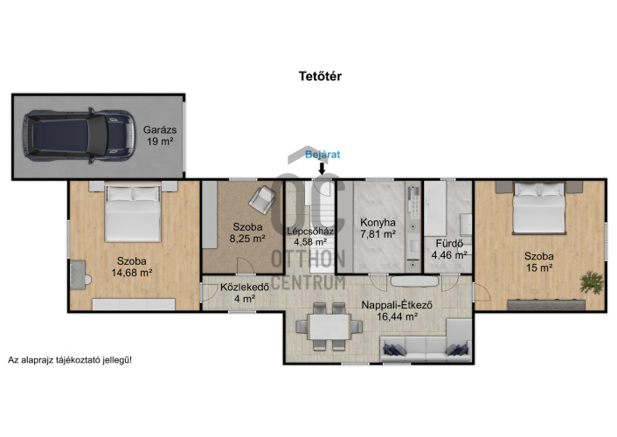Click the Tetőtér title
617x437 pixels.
point(321,76)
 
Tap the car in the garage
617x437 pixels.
point(79,135)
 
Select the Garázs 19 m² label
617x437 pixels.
point(160,135)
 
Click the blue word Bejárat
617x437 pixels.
point(322,155)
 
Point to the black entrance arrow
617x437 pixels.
point(322,168)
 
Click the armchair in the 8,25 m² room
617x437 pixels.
point(262,199)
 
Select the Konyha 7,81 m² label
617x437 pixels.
point(378,228)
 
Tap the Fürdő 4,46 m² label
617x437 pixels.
point(449,249)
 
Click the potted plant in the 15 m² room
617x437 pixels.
point(592,282)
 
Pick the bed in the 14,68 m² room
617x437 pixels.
point(133,212)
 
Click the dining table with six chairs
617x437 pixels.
point(329,326)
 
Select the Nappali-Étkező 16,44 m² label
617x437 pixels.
point(397,310)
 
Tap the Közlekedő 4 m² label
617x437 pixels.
point(245,293)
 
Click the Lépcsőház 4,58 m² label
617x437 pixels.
point(310,236)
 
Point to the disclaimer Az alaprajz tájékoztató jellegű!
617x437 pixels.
point(70,360)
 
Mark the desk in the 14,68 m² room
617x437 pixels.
point(78,274)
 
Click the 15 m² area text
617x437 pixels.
point(540,268)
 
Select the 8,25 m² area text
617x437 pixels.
point(247,239)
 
